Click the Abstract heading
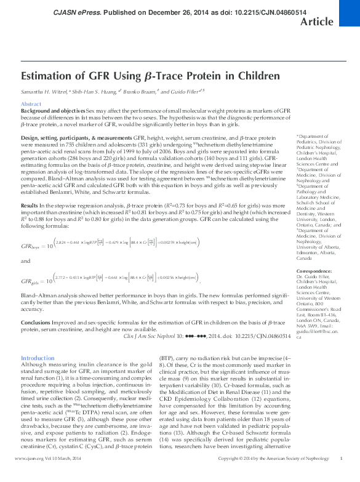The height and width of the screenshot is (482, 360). click(x=31, y=104)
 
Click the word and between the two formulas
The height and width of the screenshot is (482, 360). click(x=26, y=261)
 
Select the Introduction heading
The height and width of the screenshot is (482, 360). click(x=38, y=358)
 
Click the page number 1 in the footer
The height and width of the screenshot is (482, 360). click(x=341, y=476)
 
